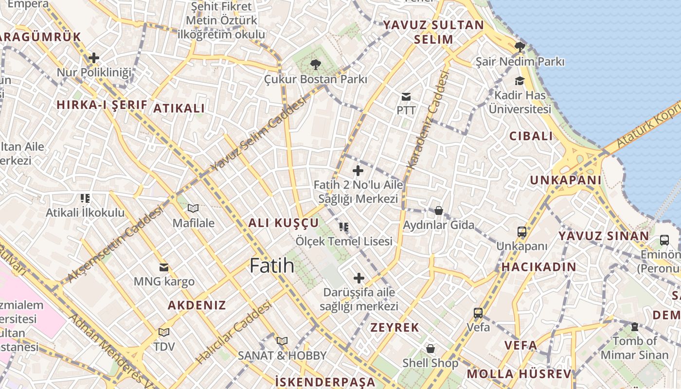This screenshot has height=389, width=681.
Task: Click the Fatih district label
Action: pyautogui.click(x=272, y=265)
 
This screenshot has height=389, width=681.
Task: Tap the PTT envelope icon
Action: pyautogui.click(x=406, y=97)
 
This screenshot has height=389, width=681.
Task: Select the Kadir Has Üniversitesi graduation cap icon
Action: pyautogui.click(x=520, y=81)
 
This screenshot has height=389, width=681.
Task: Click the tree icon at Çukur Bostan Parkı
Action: pyautogui.click(x=316, y=64)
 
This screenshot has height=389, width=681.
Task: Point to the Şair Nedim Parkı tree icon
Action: pyautogui.click(x=520, y=47)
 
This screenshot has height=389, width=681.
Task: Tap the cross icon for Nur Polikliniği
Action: pyautogui.click(x=94, y=58)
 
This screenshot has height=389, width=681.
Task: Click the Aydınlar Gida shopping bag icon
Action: pyautogui.click(x=438, y=211)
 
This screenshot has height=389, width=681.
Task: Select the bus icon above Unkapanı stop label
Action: pyautogui.click(x=522, y=232)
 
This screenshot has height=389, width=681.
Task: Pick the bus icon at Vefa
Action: pyautogui.click(x=478, y=313)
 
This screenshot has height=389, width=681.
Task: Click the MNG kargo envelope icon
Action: pyautogui.click(x=164, y=267)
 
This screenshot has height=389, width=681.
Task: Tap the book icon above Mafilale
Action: pyautogui.click(x=193, y=209)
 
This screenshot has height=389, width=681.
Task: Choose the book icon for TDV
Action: pyautogui.click(x=163, y=333)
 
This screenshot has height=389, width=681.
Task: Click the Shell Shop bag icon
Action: pyautogui.click(x=430, y=349)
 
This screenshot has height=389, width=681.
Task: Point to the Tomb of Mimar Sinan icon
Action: pyautogui.click(x=634, y=327)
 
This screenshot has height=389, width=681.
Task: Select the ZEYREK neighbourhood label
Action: pyautogui.click(x=394, y=327)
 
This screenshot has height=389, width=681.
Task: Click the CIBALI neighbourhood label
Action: pyautogui.click(x=531, y=136)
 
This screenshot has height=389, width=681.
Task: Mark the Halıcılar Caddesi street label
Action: pyautogui.click(x=233, y=333)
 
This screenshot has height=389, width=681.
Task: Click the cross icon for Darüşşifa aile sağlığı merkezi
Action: pyautogui.click(x=359, y=278)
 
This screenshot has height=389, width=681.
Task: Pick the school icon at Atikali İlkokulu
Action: pyautogui.click(x=85, y=198)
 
